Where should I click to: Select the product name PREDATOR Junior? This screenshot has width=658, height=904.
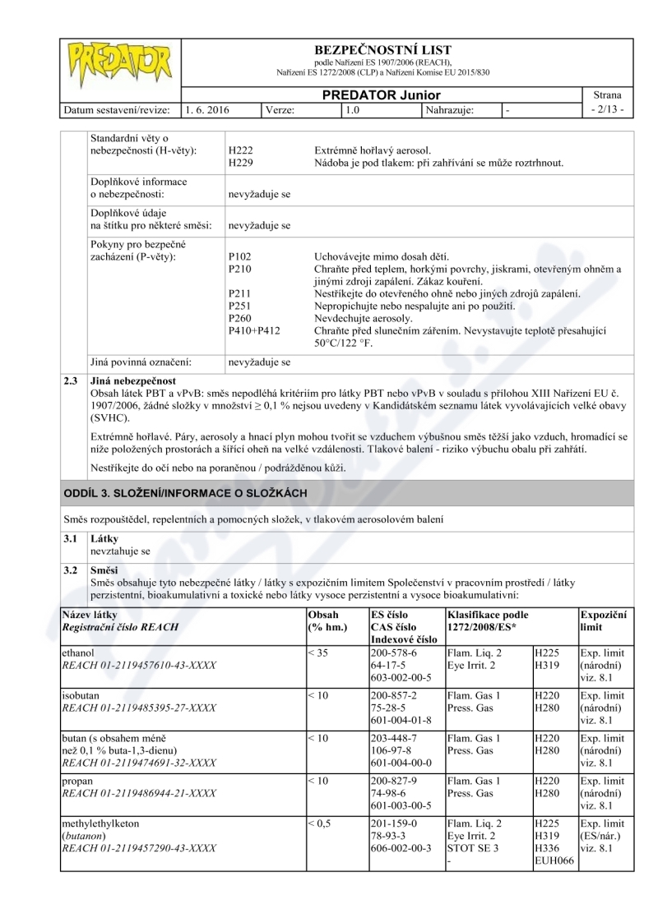click(x=381, y=95)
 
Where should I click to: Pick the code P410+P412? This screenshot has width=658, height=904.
click(x=254, y=330)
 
